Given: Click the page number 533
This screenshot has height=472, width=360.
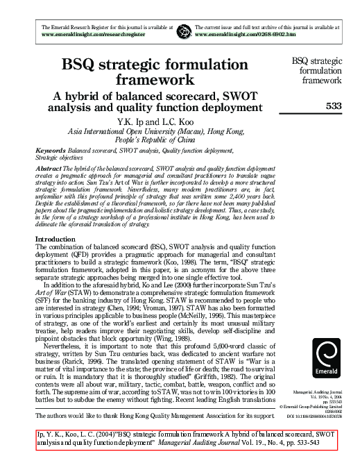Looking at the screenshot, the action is (x=333, y=106).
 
